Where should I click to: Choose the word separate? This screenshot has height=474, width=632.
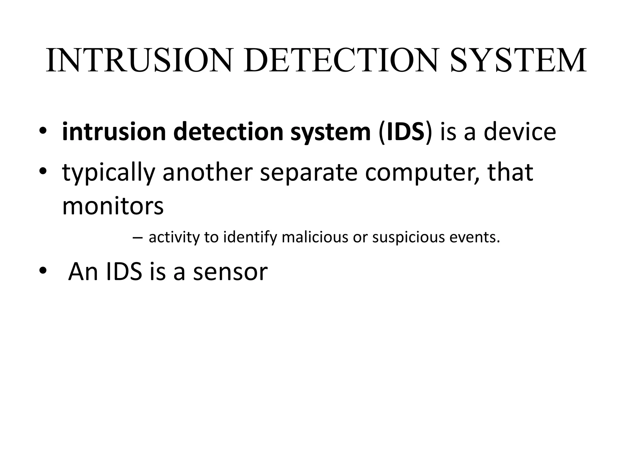click(309, 173)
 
